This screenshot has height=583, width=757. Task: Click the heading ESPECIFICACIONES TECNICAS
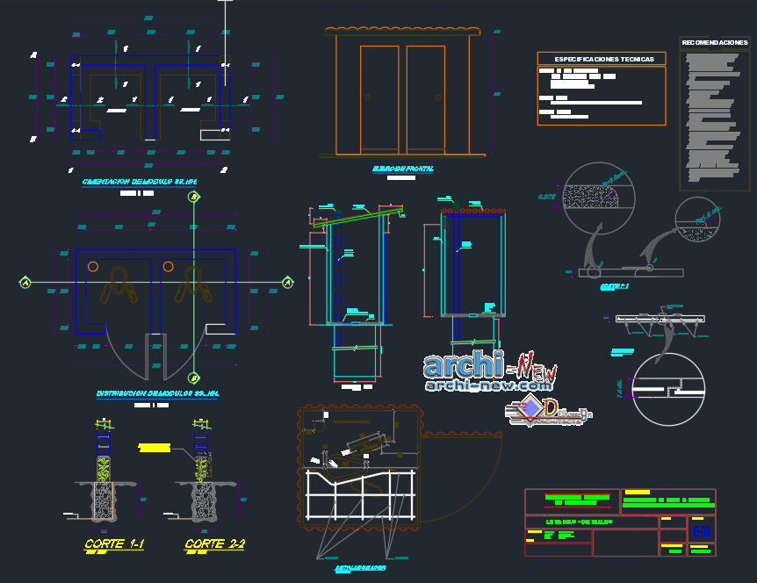click(x=602, y=59)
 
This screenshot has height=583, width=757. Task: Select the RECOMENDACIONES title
click(x=714, y=42)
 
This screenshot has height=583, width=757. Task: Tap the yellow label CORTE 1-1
click(x=114, y=545)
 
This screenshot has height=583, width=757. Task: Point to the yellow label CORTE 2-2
click(x=214, y=545)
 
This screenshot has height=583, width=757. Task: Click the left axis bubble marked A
click(x=25, y=283)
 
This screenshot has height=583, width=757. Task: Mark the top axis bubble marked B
click(x=193, y=198)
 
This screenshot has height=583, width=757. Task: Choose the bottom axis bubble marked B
click(x=193, y=377)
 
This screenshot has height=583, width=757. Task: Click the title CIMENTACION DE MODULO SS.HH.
click(x=139, y=183)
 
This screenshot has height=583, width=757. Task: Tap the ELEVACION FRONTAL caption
click(x=402, y=169)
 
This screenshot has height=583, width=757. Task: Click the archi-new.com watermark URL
click(x=487, y=385)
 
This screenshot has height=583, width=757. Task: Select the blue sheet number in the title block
click(x=701, y=531)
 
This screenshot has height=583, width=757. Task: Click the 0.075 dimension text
click(x=548, y=197)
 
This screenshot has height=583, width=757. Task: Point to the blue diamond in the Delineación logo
click(x=531, y=409)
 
